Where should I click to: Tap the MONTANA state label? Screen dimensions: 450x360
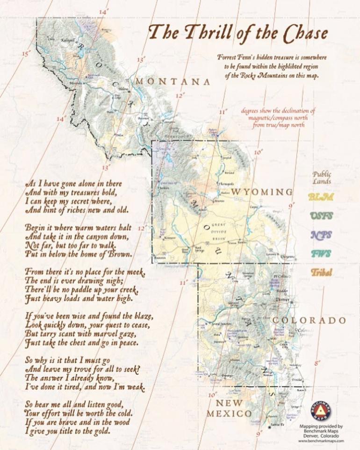[x=173, y=82]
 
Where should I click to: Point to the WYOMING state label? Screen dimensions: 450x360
[x=262, y=192]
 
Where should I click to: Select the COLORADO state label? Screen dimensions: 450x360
[x=310, y=321]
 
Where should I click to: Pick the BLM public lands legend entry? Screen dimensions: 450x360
[x=320, y=197]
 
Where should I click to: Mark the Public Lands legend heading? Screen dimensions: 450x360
[x=322, y=178]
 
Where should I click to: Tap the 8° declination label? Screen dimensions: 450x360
[x=317, y=363]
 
